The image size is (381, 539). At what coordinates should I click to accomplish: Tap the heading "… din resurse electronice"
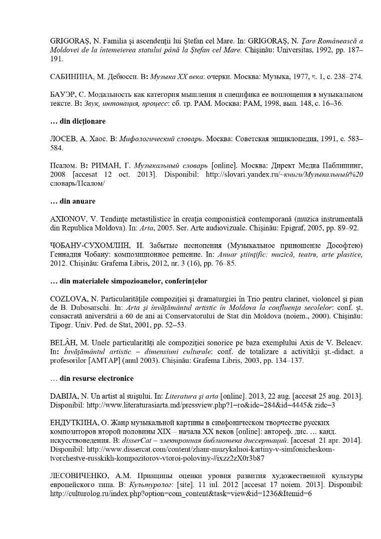[92, 378]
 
